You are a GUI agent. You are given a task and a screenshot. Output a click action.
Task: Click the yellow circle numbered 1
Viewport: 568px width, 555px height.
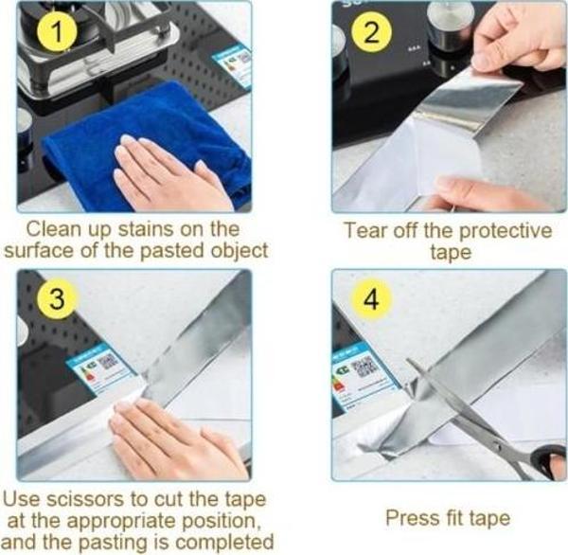60,35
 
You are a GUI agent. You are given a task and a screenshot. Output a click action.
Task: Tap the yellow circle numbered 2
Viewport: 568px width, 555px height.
370,35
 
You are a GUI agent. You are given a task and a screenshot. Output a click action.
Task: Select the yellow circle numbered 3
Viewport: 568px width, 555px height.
60,300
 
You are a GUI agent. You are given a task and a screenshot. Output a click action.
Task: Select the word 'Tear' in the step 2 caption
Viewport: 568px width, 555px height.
364,230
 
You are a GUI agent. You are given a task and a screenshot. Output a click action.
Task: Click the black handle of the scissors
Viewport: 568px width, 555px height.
547,463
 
